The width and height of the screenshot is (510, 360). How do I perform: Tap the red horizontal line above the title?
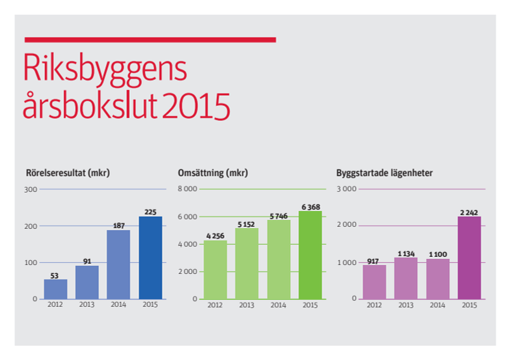150,40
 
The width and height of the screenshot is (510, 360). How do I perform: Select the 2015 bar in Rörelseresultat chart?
150,258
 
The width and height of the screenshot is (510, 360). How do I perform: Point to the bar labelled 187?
119,264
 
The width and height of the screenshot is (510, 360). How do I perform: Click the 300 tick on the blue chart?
30,189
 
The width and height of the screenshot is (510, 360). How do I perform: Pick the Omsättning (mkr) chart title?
212,173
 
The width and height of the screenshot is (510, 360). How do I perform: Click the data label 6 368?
310,206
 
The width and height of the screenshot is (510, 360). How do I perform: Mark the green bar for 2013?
247,263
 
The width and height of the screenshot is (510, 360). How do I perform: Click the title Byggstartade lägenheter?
384,173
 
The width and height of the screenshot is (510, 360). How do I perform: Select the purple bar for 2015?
469,258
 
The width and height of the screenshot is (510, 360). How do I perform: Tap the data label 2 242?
470,212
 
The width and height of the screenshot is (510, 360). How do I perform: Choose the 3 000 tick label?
347,189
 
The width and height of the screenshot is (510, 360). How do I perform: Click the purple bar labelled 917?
375,281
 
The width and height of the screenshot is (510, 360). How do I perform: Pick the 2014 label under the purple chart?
438,305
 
